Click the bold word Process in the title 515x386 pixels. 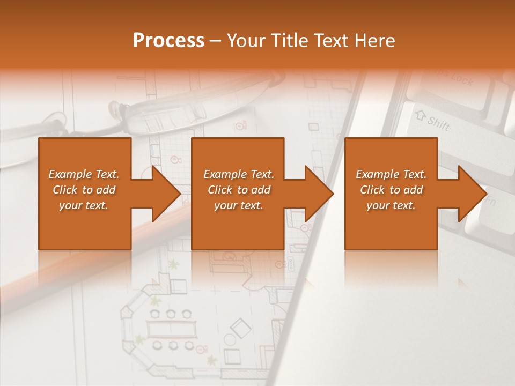(168, 40)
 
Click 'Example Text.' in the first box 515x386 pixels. (84, 174)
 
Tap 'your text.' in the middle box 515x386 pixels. (239, 205)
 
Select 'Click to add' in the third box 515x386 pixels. (392, 190)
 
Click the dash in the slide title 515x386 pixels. (215, 40)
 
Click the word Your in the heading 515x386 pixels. (245, 40)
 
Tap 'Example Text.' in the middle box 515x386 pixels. (239, 174)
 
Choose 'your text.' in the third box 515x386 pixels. (391, 205)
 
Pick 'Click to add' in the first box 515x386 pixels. (84, 190)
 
